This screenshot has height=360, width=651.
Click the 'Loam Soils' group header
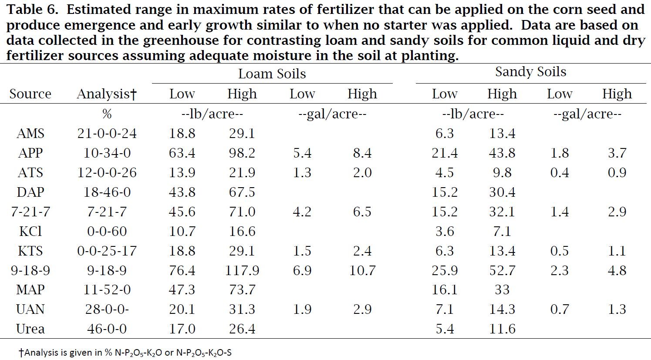[x=272, y=74]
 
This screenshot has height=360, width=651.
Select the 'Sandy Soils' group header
[x=531, y=72]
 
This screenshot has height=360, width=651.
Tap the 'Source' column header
[x=30, y=94]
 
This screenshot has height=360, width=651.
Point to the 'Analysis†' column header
[x=107, y=94]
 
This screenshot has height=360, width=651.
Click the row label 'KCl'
[x=30, y=231]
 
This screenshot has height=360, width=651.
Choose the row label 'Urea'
[x=30, y=329]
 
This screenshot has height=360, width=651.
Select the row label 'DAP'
[x=30, y=192]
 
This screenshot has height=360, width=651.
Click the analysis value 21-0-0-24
[x=107, y=134]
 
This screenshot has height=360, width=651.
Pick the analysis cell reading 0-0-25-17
[x=107, y=251]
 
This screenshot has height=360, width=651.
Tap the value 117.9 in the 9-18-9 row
[x=242, y=270]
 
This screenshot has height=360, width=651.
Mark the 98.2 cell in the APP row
[x=242, y=153]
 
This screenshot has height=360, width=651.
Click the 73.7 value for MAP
[x=242, y=290]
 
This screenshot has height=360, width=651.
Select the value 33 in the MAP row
[x=502, y=290]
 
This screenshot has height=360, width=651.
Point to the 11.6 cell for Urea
[x=502, y=329]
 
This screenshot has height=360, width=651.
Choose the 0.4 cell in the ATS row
[x=560, y=172]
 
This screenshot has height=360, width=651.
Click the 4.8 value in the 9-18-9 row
[x=617, y=270]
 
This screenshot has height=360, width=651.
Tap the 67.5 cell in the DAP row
[x=242, y=192]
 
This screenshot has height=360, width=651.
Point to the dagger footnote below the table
[x=125, y=353]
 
